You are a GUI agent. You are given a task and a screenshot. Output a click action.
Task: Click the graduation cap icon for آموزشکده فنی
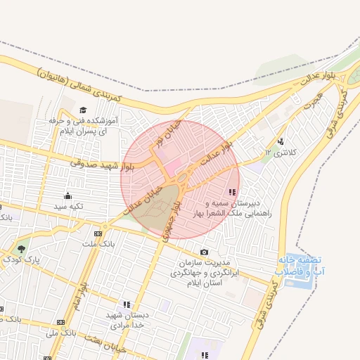pos(83,110)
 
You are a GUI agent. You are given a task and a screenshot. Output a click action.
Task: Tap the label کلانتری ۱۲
pos(276,152)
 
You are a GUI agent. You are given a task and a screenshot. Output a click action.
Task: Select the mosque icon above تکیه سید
pos(67,195)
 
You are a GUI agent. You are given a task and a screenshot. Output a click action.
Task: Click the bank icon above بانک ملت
pos(98,233)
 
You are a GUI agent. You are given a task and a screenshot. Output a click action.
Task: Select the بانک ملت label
pos(97,244)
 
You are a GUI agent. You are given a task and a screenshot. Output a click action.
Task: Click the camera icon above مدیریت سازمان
pos(205,252)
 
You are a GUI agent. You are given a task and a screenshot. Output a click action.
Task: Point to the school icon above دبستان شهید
pos(127,304)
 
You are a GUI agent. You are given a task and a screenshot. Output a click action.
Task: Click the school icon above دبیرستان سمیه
pos(232,192)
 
